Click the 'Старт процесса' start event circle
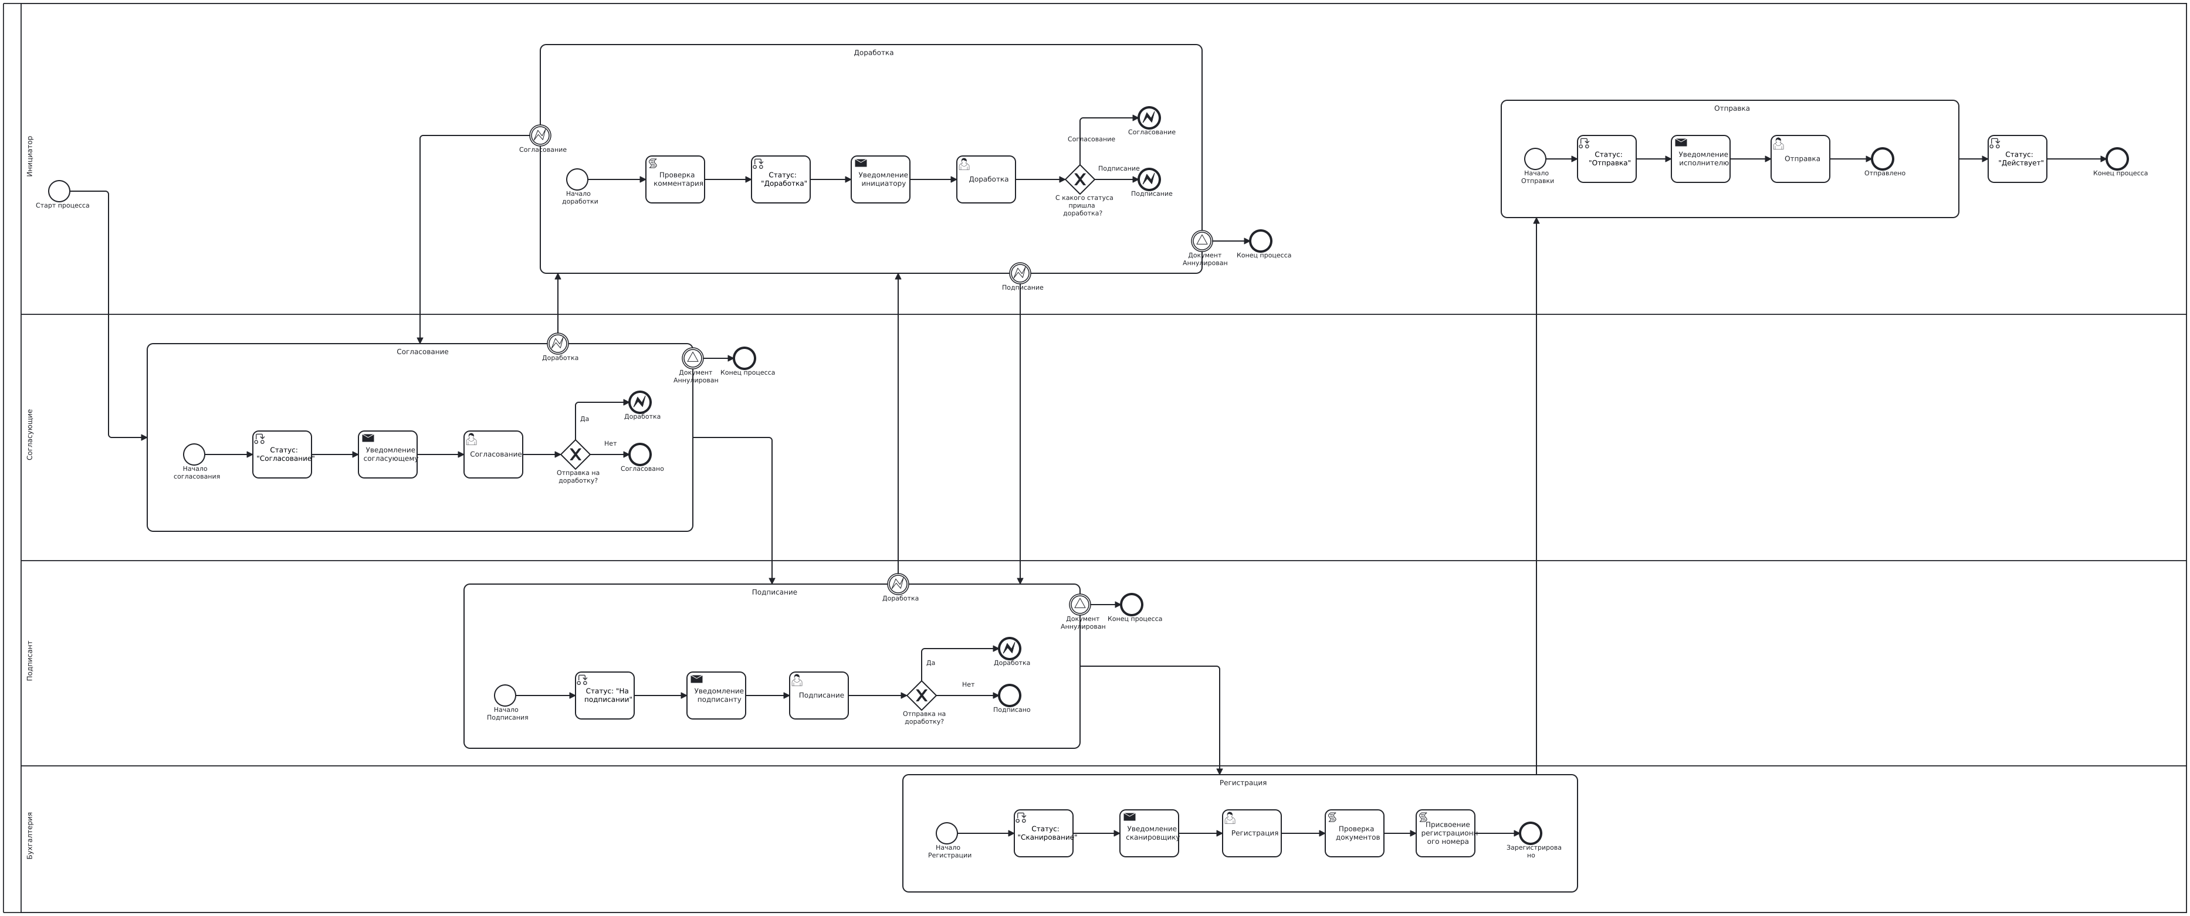pyautogui.click(x=59, y=191)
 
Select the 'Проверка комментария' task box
pyautogui.click(x=675, y=179)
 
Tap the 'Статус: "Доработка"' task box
pyautogui.click(x=780, y=179)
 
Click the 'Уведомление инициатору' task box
pyautogui.click(x=880, y=179)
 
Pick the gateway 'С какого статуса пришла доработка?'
pyautogui.click(x=1079, y=179)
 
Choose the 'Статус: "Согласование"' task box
pyautogui.click(x=282, y=454)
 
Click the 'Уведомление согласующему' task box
pyautogui.click(x=388, y=454)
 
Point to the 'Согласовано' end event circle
pyautogui.click(x=639, y=454)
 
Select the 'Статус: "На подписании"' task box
pyautogui.click(x=604, y=695)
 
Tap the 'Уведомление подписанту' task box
pyautogui.click(x=716, y=695)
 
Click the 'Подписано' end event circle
pyautogui.click(x=1009, y=695)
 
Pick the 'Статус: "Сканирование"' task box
pyautogui.click(x=1043, y=833)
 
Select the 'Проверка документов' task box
pyautogui.click(x=1354, y=833)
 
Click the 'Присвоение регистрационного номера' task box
pyautogui.click(x=1446, y=833)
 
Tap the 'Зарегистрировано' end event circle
pyautogui.click(x=1530, y=833)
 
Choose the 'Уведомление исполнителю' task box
pyautogui.click(x=1700, y=159)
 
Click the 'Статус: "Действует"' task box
pyautogui.click(x=2018, y=159)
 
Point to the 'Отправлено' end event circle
pyautogui.click(x=1883, y=159)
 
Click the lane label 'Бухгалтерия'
pyautogui.click(x=30, y=835)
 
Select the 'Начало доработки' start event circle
pyautogui.click(x=577, y=179)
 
